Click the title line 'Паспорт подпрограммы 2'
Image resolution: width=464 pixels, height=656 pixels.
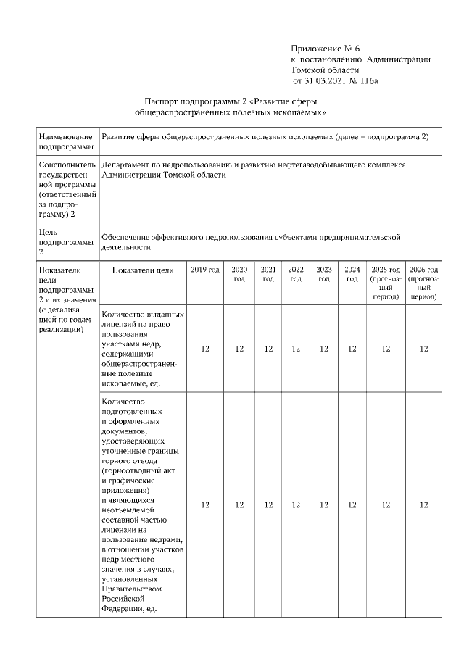231,101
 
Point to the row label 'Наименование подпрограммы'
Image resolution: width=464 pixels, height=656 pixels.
66,141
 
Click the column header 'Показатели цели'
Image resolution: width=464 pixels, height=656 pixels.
143,270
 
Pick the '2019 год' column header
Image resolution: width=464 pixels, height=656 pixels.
205,270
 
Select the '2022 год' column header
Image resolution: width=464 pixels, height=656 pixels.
296,274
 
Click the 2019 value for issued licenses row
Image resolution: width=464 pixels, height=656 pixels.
205,349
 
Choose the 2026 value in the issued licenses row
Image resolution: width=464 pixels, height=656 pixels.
424,349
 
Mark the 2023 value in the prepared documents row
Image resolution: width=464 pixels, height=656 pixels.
324,505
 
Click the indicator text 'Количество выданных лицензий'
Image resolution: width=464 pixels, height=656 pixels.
143,320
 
